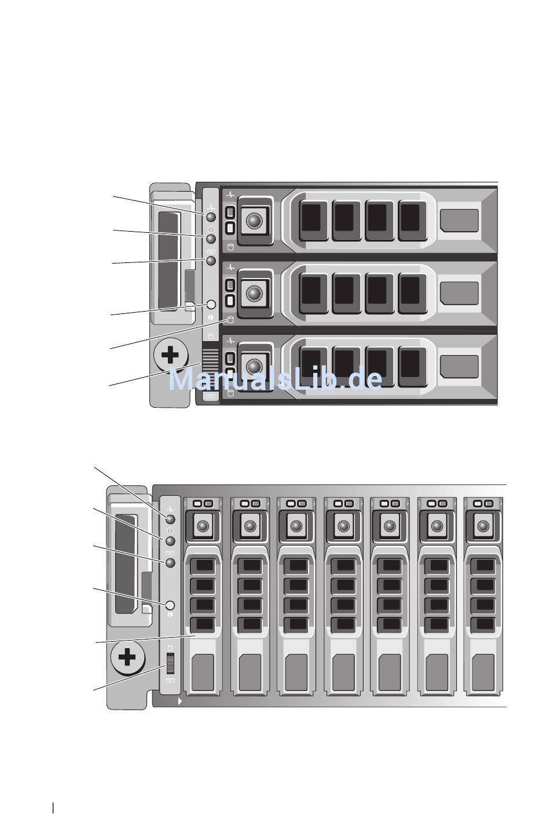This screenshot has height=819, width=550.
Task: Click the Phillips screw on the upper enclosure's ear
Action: point(171,355)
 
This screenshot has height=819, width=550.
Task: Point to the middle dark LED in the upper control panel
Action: point(211,239)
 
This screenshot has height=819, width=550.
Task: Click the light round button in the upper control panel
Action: point(211,304)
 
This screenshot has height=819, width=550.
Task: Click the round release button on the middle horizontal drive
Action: point(254,293)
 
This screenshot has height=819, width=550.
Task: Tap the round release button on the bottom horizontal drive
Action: point(254,366)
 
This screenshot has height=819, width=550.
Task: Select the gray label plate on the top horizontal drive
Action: point(459,221)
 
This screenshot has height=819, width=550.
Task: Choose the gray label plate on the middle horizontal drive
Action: point(459,293)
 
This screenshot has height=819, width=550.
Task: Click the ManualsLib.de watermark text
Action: point(275,378)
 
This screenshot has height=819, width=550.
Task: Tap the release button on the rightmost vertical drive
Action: point(483,526)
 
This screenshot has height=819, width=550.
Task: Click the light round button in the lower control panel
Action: point(170,605)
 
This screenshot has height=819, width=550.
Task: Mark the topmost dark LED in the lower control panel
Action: point(170,519)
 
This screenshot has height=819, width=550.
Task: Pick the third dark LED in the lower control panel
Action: point(170,562)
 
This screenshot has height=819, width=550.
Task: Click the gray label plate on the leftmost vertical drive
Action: point(203,672)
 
